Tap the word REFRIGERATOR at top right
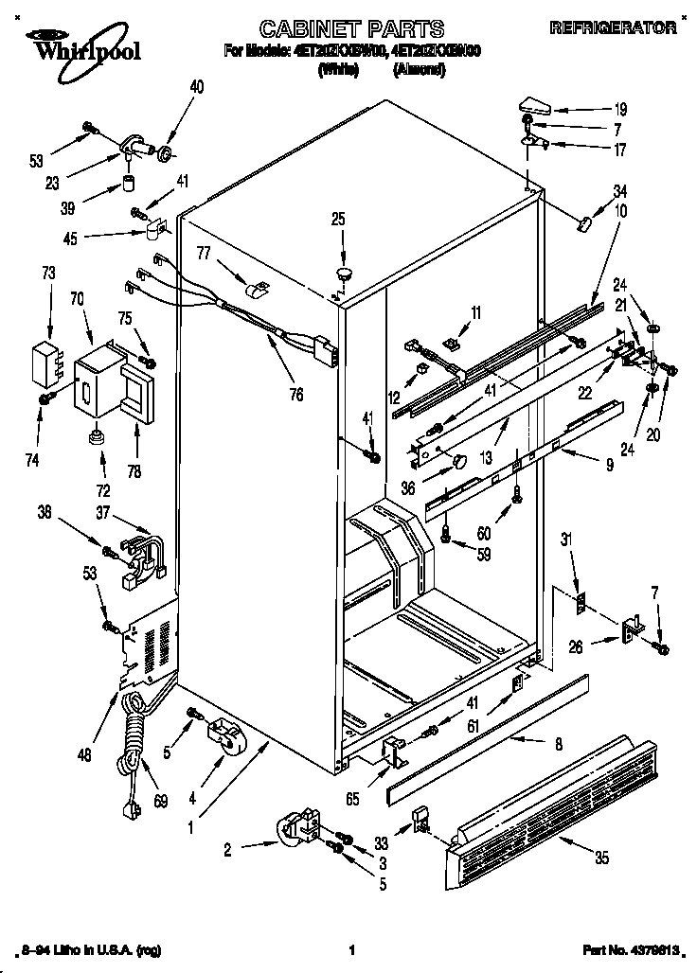click(x=613, y=28)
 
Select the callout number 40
click(x=196, y=87)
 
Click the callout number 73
click(x=49, y=274)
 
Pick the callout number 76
click(x=296, y=395)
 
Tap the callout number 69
click(x=160, y=803)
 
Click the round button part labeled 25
click(x=342, y=274)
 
